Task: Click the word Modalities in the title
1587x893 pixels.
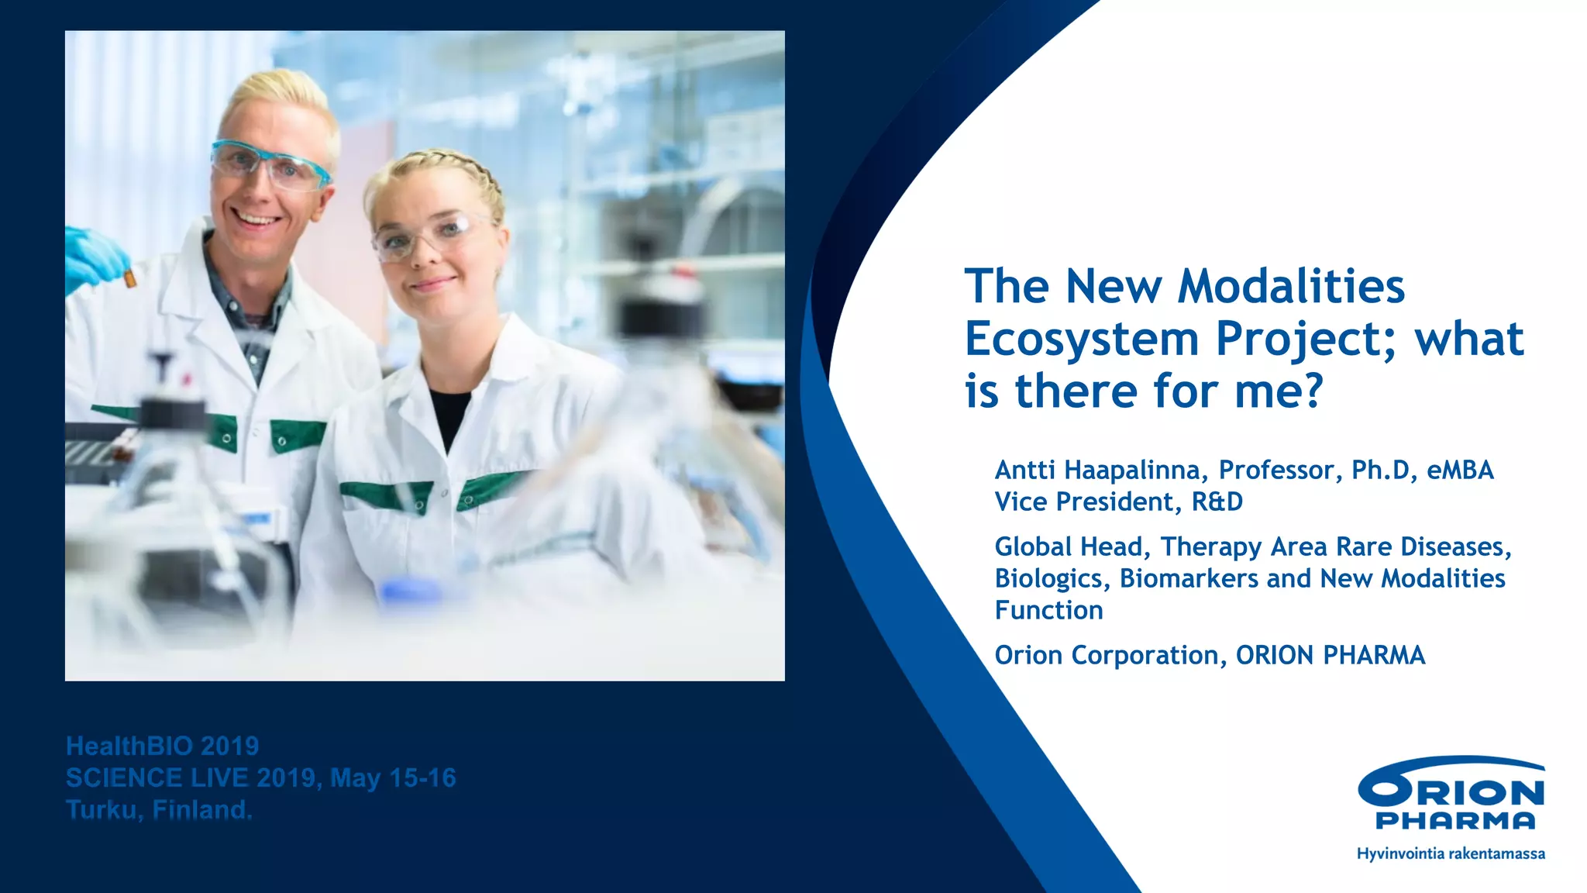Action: [1290, 287]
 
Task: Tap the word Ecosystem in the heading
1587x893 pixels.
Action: [1082, 340]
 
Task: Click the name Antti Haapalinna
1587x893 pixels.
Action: [1097, 470]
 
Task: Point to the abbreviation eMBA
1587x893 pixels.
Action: [1460, 470]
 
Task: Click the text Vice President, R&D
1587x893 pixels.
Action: [1118, 502]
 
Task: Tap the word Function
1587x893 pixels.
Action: [1048, 610]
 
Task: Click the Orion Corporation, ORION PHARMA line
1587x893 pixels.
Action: [1209, 655]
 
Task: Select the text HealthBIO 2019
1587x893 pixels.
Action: [162, 746]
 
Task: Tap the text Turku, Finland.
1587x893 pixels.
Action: [159, 809]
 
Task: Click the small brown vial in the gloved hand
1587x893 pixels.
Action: [130, 277]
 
